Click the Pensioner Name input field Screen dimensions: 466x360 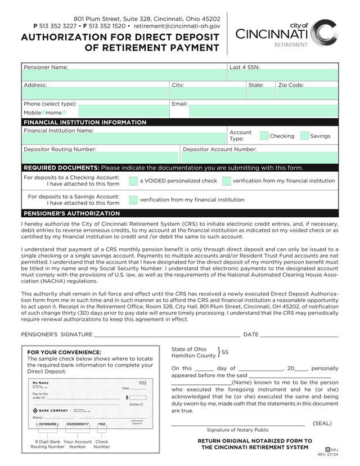click(x=124, y=75)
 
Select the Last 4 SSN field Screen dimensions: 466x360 click(x=283, y=75)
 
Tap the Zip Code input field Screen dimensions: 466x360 click(x=307, y=93)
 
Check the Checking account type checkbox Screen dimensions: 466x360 click(x=264, y=136)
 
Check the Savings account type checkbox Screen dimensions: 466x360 click(x=305, y=136)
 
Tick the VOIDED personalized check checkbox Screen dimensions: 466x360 click(x=133, y=181)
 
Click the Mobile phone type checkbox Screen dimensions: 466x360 click(x=44, y=113)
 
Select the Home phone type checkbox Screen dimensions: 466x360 click(x=64, y=113)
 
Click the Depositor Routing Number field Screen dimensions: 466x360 click(x=101, y=157)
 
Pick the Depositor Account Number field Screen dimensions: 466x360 click(x=259, y=157)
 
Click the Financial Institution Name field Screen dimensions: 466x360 click(x=124, y=138)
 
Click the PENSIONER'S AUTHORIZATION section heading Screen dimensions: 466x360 click(x=71, y=214)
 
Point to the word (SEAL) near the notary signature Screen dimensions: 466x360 click(x=322, y=423)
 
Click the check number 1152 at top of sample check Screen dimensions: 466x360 click(x=142, y=383)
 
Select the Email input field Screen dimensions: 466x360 click(x=254, y=110)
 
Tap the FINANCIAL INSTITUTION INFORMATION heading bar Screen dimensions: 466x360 click(x=85, y=122)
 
